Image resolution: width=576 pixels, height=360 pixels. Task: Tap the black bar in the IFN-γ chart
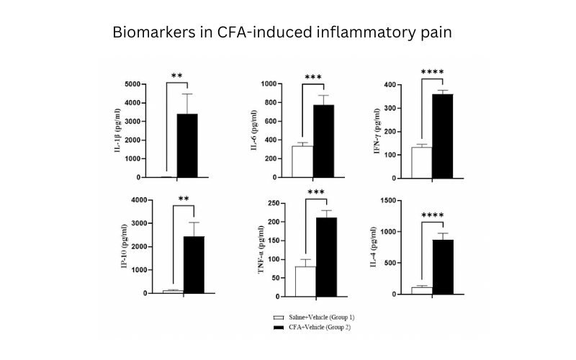click(x=443, y=136)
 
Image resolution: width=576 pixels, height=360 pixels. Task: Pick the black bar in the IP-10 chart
click(x=194, y=264)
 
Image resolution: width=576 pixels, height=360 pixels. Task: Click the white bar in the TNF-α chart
click(x=305, y=282)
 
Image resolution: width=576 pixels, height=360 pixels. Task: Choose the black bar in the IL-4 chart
click(x=443, y=267)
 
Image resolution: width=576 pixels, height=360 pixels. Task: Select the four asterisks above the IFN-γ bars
click(x=432, y=72)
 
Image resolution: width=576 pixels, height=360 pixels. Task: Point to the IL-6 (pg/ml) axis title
click(x=254, y=130)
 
